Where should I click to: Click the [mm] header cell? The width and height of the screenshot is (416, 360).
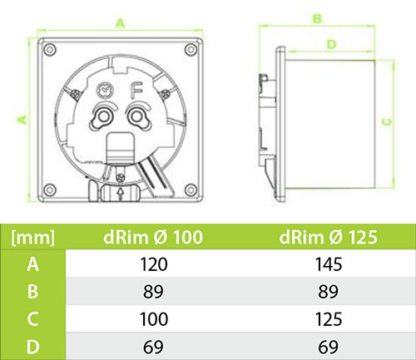[x=32, y=237]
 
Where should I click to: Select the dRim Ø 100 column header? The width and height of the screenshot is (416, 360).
[x=155, y=237]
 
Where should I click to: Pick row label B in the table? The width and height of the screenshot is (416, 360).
[x=32, y=292]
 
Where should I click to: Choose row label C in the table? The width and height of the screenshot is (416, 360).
[x=32, y=319]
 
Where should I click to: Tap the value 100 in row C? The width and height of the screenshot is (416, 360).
[x=155, y=319]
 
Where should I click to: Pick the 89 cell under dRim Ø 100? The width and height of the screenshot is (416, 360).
[x=155, y=292]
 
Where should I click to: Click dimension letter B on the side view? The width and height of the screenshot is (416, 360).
[x=317, y=17]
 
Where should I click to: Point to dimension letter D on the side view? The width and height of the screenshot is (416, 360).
[x=330, y=43]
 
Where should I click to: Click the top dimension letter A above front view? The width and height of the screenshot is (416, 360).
[x=121, y=24]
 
